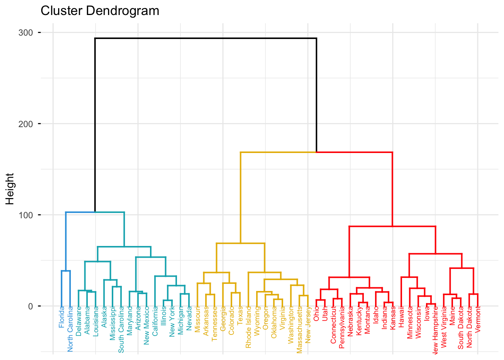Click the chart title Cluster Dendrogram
pos(100,11)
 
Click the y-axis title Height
pos(10,189)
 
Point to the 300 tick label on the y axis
pos(25,33)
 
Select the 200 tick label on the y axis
pos(25,124)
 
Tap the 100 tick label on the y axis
pos(25,215)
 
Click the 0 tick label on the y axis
pos(30,306)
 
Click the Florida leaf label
pos(62,317)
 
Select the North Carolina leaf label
pos(70,329)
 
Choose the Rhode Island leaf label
pos(249,327)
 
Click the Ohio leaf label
pos(316,313)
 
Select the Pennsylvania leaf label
pos(342,327)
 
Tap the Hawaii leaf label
pos(402,315)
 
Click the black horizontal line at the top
pos(205,38)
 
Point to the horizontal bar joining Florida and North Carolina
pos(66,271)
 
